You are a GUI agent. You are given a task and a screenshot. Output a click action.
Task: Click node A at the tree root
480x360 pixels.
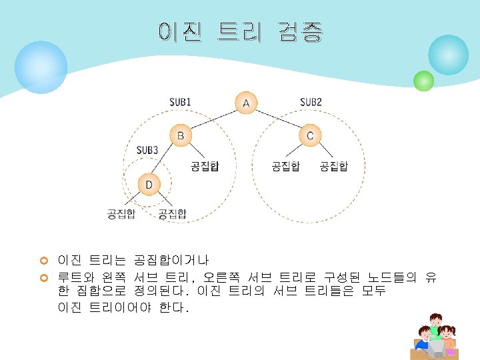[x=246, y=103]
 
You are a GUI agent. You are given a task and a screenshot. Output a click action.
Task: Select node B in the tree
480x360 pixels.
[x=180, y=136]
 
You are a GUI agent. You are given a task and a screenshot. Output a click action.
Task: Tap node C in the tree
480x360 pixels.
[x=310, y=136]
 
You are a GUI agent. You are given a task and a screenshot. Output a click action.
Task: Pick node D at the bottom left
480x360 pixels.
[x=149, y=184]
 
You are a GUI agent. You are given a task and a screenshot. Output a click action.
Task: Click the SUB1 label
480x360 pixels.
[x=180, y=102]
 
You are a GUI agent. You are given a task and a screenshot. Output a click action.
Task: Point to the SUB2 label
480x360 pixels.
[x=311, y=102]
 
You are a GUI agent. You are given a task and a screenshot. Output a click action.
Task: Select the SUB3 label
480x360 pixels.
[x=147, y=150]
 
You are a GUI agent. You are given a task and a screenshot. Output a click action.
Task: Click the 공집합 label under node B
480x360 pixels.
[x=205, y=166]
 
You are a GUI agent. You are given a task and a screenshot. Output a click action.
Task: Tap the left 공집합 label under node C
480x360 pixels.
[x=285, y=166]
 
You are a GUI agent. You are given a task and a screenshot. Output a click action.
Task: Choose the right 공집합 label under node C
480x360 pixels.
[x=333, y=166]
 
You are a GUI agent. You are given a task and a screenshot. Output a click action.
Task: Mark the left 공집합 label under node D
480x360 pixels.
[x=121, y=213]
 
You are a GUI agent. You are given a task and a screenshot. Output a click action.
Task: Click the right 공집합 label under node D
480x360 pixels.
[x=172, y=213]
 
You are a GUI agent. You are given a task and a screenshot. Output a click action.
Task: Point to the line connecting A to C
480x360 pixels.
[x=278, y=119]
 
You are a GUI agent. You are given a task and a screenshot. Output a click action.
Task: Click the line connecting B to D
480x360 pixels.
[x=165, y=160]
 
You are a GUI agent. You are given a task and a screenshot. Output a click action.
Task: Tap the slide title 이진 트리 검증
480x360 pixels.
[x=241, y=31]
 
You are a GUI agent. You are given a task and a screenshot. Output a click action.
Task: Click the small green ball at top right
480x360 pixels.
[x=423, y=81]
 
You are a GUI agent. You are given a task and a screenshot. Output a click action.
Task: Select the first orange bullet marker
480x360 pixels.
[x=45, y=259]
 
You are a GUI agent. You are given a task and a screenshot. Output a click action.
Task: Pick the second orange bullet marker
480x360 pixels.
[x=45, y=277]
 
